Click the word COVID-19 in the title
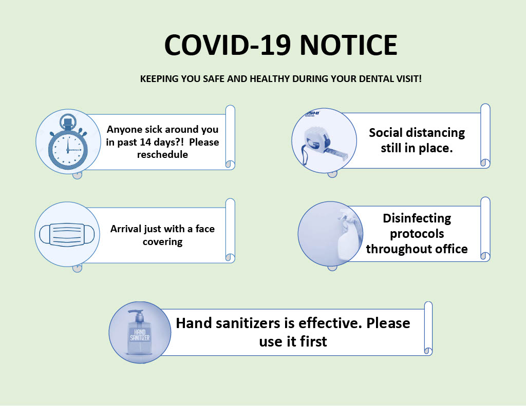pos(228,45)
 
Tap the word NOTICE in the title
pos(349,45)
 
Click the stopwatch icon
pos(68,142)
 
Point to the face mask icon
pos(67,234)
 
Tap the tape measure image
pos(324,144)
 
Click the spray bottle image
pos(349,234)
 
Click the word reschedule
pos(162,155)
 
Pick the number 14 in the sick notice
pos(145,142)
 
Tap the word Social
pos(385,133)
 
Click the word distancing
pos(436,133)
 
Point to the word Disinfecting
pos(417,218)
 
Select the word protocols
pos(417,234)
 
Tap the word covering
pos(162,241)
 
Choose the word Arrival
pos(126,229)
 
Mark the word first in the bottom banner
pos(313,342)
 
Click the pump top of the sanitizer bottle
pos(136,315)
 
